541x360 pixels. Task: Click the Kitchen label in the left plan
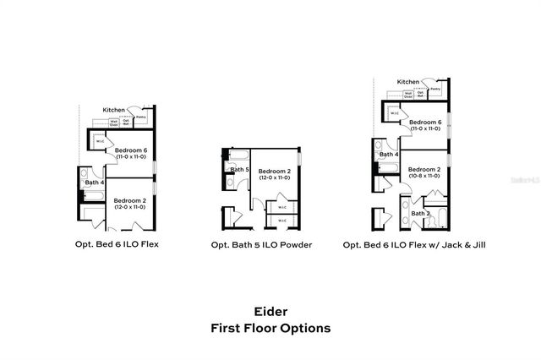[114, 110]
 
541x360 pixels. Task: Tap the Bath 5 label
[240, 170]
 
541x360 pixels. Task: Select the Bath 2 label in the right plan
[421, 214]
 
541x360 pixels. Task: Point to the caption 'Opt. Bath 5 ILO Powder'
[261, 245]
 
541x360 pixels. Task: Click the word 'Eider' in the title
[270, 310]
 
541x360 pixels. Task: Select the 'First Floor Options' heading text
[270, 328]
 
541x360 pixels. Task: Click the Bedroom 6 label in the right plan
[425, 123]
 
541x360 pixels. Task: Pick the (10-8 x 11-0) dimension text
[425, 177]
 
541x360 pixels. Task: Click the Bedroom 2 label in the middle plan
[275, 171]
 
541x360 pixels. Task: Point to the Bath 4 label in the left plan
[94, 183]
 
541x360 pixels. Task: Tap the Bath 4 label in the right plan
[388, 155]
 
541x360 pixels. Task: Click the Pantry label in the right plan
[434, 89]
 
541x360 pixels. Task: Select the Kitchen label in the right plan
[408, 82]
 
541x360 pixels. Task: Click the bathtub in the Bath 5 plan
[238, 155]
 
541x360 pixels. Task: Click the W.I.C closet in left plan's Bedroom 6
[99, 141]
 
